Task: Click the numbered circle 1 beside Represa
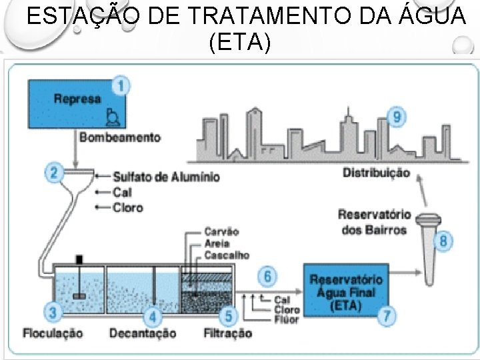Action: (x=121, y=86)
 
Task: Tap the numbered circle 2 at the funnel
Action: (x=54, y=173)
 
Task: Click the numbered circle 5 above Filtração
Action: (x=229, y=315)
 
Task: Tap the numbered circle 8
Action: (x=443, y=241)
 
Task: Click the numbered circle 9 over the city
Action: (x=397, y=117)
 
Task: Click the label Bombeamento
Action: (x=120, y=138)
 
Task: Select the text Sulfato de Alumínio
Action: (x=166, y=177)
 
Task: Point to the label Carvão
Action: (x=223, y=231)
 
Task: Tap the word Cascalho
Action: (x=227, y=255)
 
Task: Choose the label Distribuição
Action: (x=377, y=173)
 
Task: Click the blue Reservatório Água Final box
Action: (x=345, y=292)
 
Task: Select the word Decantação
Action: (x=143, y=333)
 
